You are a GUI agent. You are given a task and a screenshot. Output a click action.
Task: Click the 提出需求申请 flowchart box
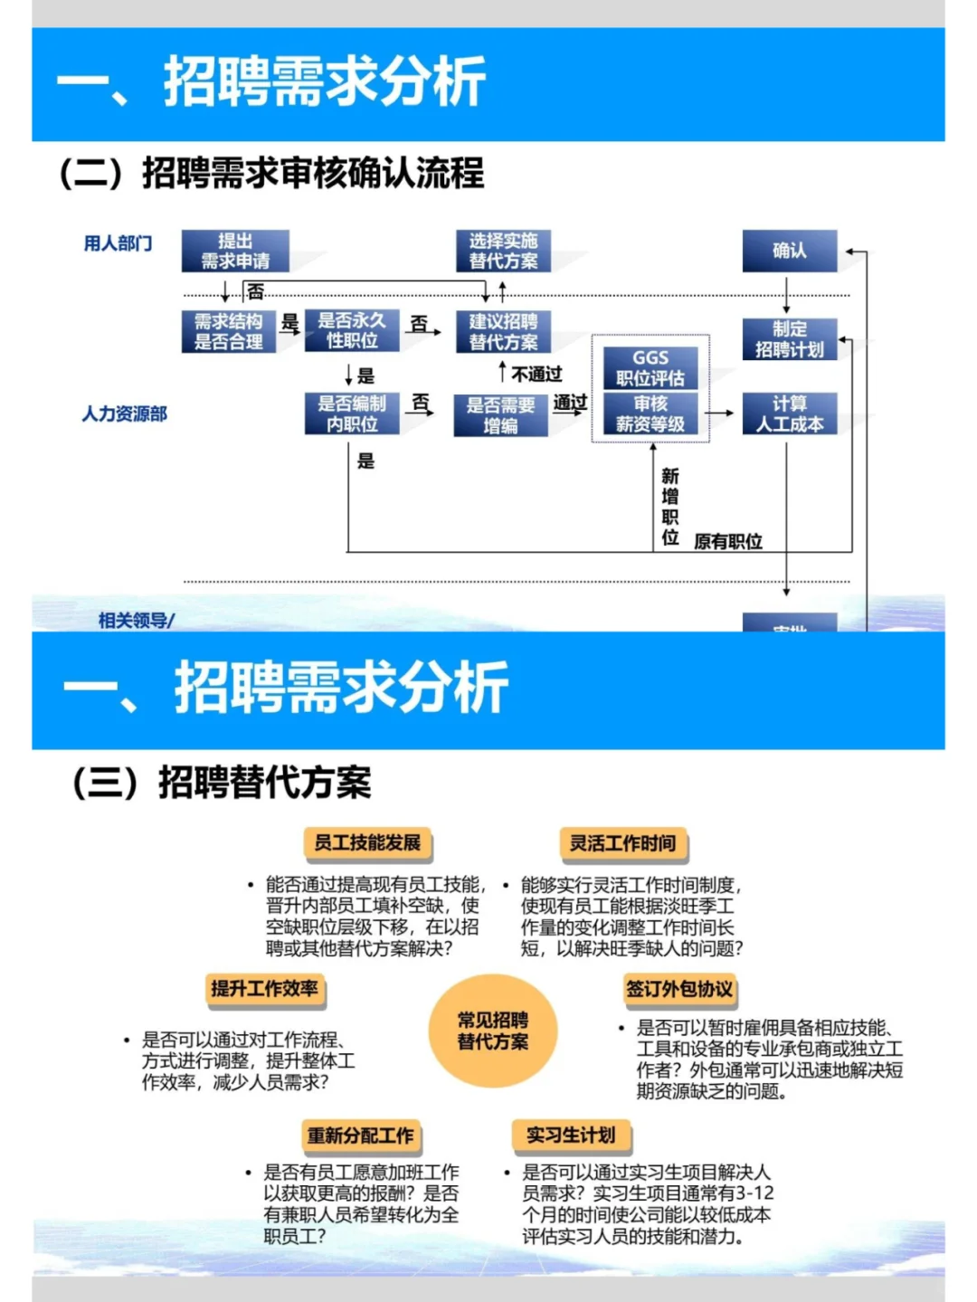(235, 251)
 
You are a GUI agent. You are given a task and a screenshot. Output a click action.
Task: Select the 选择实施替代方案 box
(503, 251)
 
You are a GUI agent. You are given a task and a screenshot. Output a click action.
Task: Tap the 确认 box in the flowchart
(789, 251)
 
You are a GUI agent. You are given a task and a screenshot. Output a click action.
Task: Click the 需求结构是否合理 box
(228, 331)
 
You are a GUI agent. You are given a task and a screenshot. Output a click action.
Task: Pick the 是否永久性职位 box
(352, 330)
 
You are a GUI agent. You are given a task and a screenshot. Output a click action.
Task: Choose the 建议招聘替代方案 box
(503, 331)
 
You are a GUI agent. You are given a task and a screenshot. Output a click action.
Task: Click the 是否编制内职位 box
(352, 413)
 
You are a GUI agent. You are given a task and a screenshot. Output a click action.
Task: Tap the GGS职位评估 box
(650, 367)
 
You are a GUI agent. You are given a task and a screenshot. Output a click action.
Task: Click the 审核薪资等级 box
(650, 413)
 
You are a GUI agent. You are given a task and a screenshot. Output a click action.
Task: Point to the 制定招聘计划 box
(789, 339)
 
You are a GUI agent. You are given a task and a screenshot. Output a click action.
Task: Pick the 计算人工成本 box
(789, 413)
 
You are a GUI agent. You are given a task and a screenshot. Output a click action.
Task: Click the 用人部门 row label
(118, 243)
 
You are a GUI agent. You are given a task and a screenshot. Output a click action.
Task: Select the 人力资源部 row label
(125, 414)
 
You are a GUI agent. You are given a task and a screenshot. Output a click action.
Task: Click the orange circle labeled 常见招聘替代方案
(493, 1031)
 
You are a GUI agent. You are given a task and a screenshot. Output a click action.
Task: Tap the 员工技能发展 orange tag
(367, 843)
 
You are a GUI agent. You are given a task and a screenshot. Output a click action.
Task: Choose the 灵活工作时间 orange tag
(622, 843)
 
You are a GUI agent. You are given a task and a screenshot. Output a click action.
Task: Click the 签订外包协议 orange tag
(679, 989)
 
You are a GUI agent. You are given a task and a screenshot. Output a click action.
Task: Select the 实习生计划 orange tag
(571, 1136)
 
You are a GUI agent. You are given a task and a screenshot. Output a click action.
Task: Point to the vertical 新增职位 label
(670, 506)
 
